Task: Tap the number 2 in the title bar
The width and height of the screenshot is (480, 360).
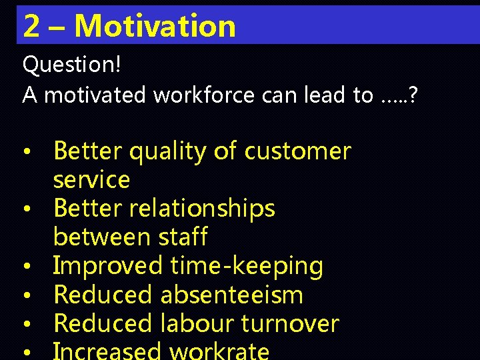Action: pos(31,25)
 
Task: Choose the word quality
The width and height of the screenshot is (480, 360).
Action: pos(168,152)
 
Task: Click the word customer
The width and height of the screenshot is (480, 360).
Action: pos(297,151)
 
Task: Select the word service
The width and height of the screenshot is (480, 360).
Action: pos(91,180)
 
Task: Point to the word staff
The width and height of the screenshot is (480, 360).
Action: pos(182,237)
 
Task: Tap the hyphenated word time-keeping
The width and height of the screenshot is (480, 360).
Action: pos(247,267)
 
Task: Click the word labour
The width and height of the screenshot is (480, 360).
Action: pos(197,324)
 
